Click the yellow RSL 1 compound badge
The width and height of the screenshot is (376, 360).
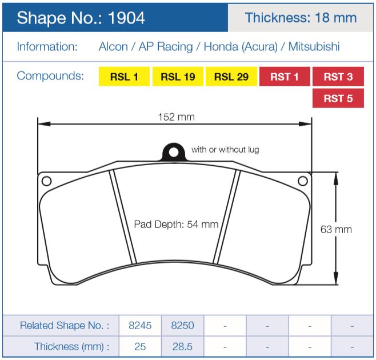[124, 77]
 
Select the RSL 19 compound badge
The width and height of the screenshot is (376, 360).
[178, 77]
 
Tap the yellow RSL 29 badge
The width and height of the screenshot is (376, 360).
[231, 77]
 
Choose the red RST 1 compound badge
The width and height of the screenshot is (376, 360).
[285, 77]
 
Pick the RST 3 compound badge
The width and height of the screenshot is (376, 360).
[338, 77]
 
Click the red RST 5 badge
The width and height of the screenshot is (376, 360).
[338, 98]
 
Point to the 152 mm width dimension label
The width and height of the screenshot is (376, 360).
[177, 117]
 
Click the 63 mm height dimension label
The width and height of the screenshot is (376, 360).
[336, 230]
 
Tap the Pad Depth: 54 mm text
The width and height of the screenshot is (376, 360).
[176, 225]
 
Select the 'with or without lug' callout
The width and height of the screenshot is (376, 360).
[225, 150]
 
